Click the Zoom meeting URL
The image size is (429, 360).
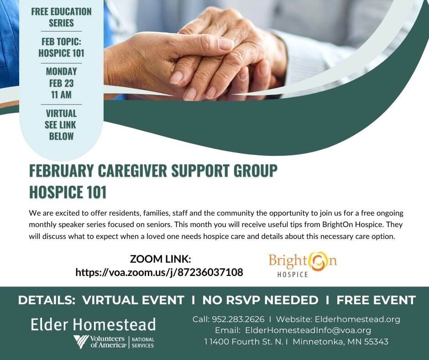159,272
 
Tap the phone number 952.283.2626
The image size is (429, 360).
238,319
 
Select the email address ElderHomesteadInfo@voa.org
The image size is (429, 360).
308,330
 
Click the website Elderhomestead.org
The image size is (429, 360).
357,319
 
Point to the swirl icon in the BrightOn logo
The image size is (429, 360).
318,261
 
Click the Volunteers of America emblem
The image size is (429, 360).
81,341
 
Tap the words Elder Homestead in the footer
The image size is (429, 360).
93,324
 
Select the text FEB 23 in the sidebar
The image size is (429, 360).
61,83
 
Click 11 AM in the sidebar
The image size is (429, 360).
61,95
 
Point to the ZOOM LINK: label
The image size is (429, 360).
160,259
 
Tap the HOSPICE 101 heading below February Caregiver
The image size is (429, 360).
68,192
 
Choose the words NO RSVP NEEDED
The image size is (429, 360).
260,300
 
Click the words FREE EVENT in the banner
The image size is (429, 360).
376,300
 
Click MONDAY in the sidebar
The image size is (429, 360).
61,72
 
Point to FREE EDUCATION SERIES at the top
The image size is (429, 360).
61,17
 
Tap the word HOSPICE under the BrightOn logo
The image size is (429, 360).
293,274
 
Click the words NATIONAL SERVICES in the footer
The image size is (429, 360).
143,343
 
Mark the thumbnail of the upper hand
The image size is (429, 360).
226,44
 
